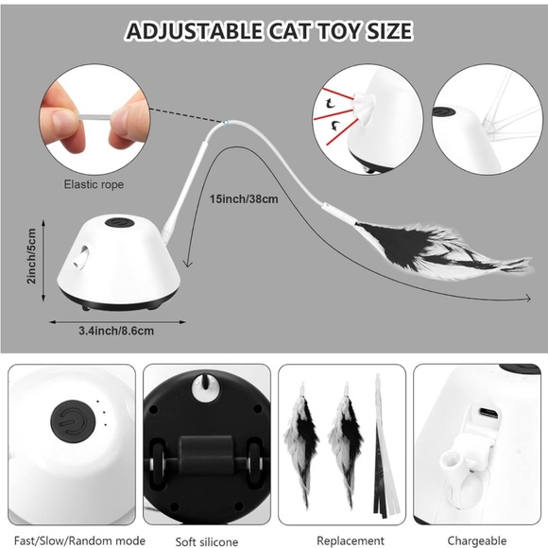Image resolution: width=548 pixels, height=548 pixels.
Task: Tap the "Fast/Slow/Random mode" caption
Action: click(x=70, y=541)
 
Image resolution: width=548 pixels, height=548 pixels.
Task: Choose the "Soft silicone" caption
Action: click(x=206, y=541)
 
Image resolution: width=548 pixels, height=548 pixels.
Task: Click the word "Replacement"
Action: click(x=342, y=541)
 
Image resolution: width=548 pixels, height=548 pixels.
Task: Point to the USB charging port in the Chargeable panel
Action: click(x=488, y=416)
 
